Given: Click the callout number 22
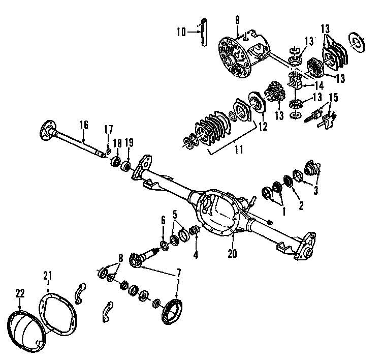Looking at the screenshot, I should coord(19,294).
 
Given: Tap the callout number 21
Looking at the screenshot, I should coord(48,276).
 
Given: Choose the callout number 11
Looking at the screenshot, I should coord(238,151).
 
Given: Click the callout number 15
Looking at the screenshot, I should coord(334,97).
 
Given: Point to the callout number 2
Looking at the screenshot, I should coord(301,205).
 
